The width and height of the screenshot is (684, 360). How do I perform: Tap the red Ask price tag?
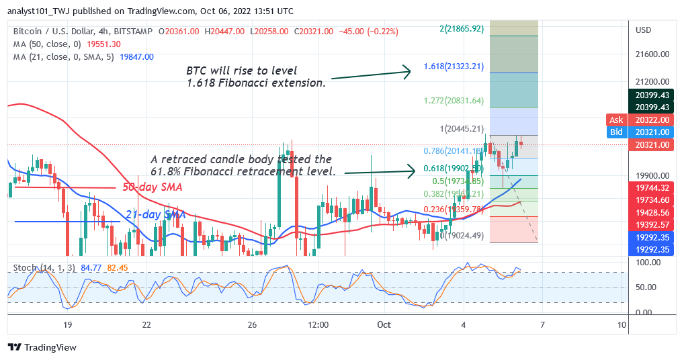[616, 120]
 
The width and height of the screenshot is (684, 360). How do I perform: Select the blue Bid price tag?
[616, 132]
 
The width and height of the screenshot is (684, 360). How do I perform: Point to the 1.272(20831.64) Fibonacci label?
[453, 101]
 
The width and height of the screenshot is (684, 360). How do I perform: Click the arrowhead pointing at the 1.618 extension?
[407, 72]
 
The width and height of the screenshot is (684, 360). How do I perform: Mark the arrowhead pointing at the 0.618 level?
[413, 172]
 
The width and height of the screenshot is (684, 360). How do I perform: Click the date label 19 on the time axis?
[67, 324]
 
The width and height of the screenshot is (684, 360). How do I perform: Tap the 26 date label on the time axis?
[252, 324]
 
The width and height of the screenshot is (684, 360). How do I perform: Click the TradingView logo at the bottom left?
[42, 347]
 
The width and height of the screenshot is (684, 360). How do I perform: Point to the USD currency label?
[644, 30]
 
